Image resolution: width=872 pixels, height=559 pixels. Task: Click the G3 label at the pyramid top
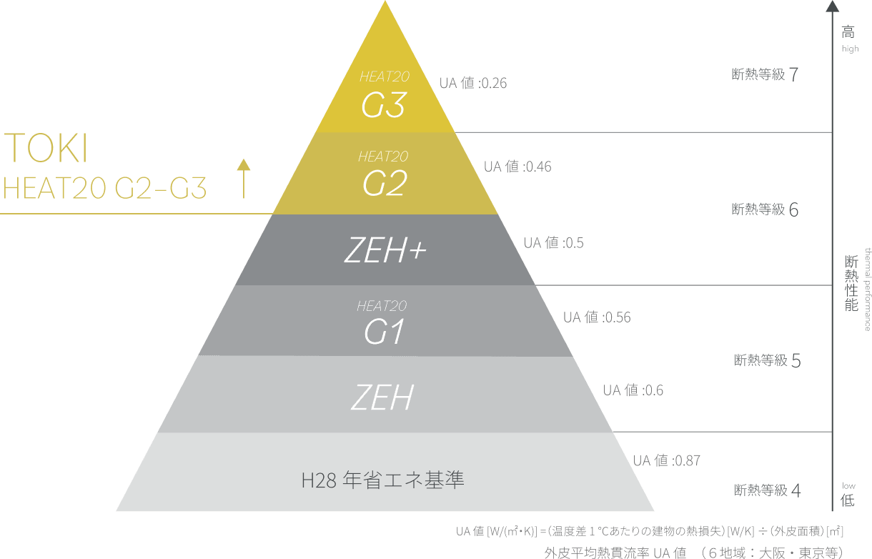(384, 105)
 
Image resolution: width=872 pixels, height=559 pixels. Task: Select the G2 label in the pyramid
(385, 183)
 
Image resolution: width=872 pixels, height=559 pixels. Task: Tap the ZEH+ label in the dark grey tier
(385, 250)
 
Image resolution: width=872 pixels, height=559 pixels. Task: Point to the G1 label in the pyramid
(384, 332)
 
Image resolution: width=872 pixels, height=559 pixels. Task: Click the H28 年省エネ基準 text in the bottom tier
(382, 480)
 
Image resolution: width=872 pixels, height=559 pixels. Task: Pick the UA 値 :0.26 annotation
(473, 83)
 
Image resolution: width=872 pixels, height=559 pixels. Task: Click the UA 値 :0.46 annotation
(517, 167)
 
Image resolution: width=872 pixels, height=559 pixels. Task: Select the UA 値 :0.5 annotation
(553, 242)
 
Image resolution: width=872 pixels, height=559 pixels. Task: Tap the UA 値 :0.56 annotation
(597, 317)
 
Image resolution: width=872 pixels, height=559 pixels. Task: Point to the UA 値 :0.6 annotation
(633, 390)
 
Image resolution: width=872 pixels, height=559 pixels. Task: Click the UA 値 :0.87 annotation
(666, 460)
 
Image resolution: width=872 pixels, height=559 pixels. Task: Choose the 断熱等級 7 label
(765, 74)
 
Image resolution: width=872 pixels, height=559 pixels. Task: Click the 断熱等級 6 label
(765, 209)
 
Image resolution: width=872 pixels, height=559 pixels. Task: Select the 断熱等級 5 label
(767, 360)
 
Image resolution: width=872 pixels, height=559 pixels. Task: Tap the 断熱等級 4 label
(767, 490)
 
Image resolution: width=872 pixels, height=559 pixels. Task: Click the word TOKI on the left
(46, 148)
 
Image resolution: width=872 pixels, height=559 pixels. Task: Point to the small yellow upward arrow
(244, 178)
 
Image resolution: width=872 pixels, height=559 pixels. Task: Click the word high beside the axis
(851, 49)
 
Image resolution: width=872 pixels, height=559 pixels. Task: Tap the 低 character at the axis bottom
(848, 500)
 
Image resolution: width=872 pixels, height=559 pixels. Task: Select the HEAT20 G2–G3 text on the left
(104, 188)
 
